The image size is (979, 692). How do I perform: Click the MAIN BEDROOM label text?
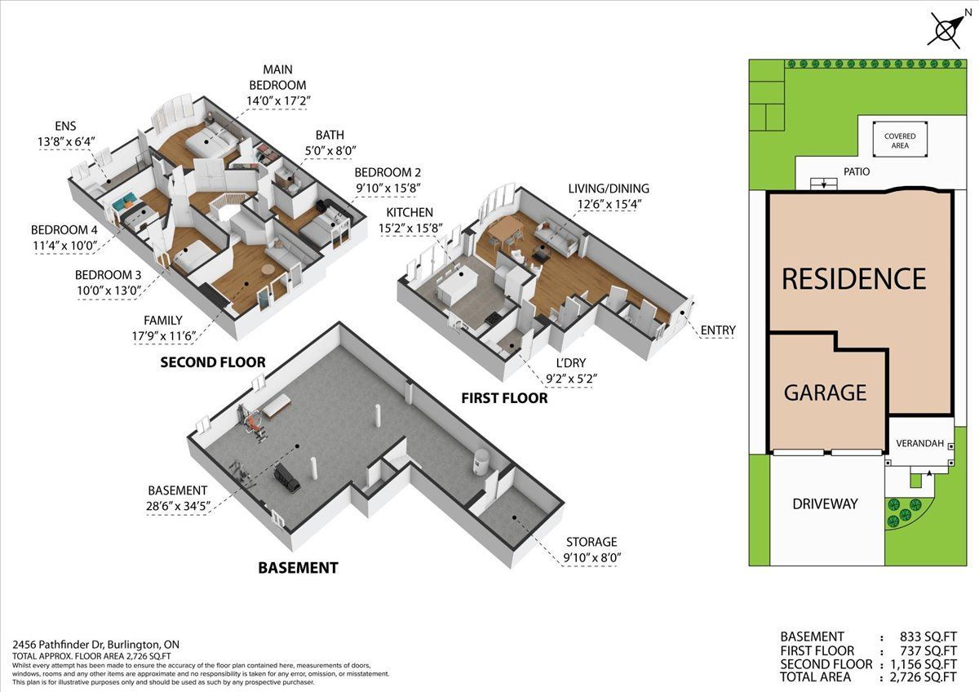pyautogui.click(x=277, y=77)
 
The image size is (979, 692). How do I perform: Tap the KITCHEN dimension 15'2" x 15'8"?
pyautogui.click(x=410, y=228)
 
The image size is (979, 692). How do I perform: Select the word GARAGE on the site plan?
pyautogui.click(x=825, y=393)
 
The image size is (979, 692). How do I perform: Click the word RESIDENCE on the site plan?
pyautogui.click(x=854, y=278)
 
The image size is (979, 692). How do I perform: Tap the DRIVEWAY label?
pyautogui.click(x=825, y=504)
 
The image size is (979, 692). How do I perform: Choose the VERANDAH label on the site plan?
pyautogui.click(x=920, y=443)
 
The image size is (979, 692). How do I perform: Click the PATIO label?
pyautogui.click(x=857, y=172)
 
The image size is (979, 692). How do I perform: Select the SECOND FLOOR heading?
pyautogui.click(x=213, y=362)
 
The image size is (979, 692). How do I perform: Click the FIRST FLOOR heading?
pyautogui.click(x=504, y=398)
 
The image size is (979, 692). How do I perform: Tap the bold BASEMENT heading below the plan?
pyautogui.click(x=298, y=568)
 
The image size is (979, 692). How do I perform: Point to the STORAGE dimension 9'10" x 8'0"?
pyautogui.click(x=592, y=558)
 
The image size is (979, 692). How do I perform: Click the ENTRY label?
pyautogui.click(x=718, y=330)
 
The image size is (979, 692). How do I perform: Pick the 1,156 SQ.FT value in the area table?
pyautogui.click(x=924, y=664)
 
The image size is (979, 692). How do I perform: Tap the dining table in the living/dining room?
pyautogui.click(x=505, y=227)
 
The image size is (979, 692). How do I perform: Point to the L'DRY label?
pyautogui.click(x=571, y=363)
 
